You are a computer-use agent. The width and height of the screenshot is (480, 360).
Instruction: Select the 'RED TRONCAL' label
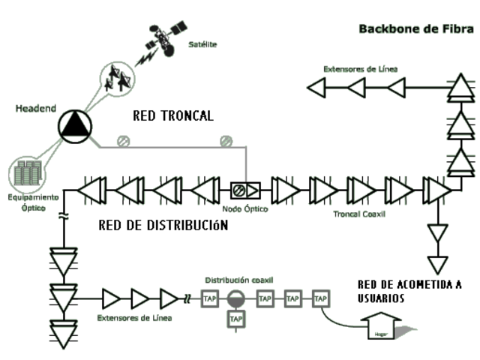coord(173,116)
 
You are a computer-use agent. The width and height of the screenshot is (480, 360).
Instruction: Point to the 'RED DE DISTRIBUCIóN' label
coord(163,225)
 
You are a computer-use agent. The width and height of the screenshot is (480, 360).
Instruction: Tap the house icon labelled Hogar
coord(380,328)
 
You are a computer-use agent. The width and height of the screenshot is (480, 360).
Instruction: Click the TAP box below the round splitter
coord(235,320)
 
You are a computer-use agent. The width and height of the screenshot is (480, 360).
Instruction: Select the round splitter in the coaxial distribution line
coord(235,298)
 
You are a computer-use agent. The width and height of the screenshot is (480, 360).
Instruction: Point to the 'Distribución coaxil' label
coord(239,280)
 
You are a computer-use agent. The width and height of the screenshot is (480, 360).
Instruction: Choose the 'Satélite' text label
coord(202,45)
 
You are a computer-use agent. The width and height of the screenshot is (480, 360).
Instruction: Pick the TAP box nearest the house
coord(321,298)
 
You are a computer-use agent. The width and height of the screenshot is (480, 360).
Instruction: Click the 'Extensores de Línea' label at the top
coord(360,69)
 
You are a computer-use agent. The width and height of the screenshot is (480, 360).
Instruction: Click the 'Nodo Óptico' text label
coord(244,208)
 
